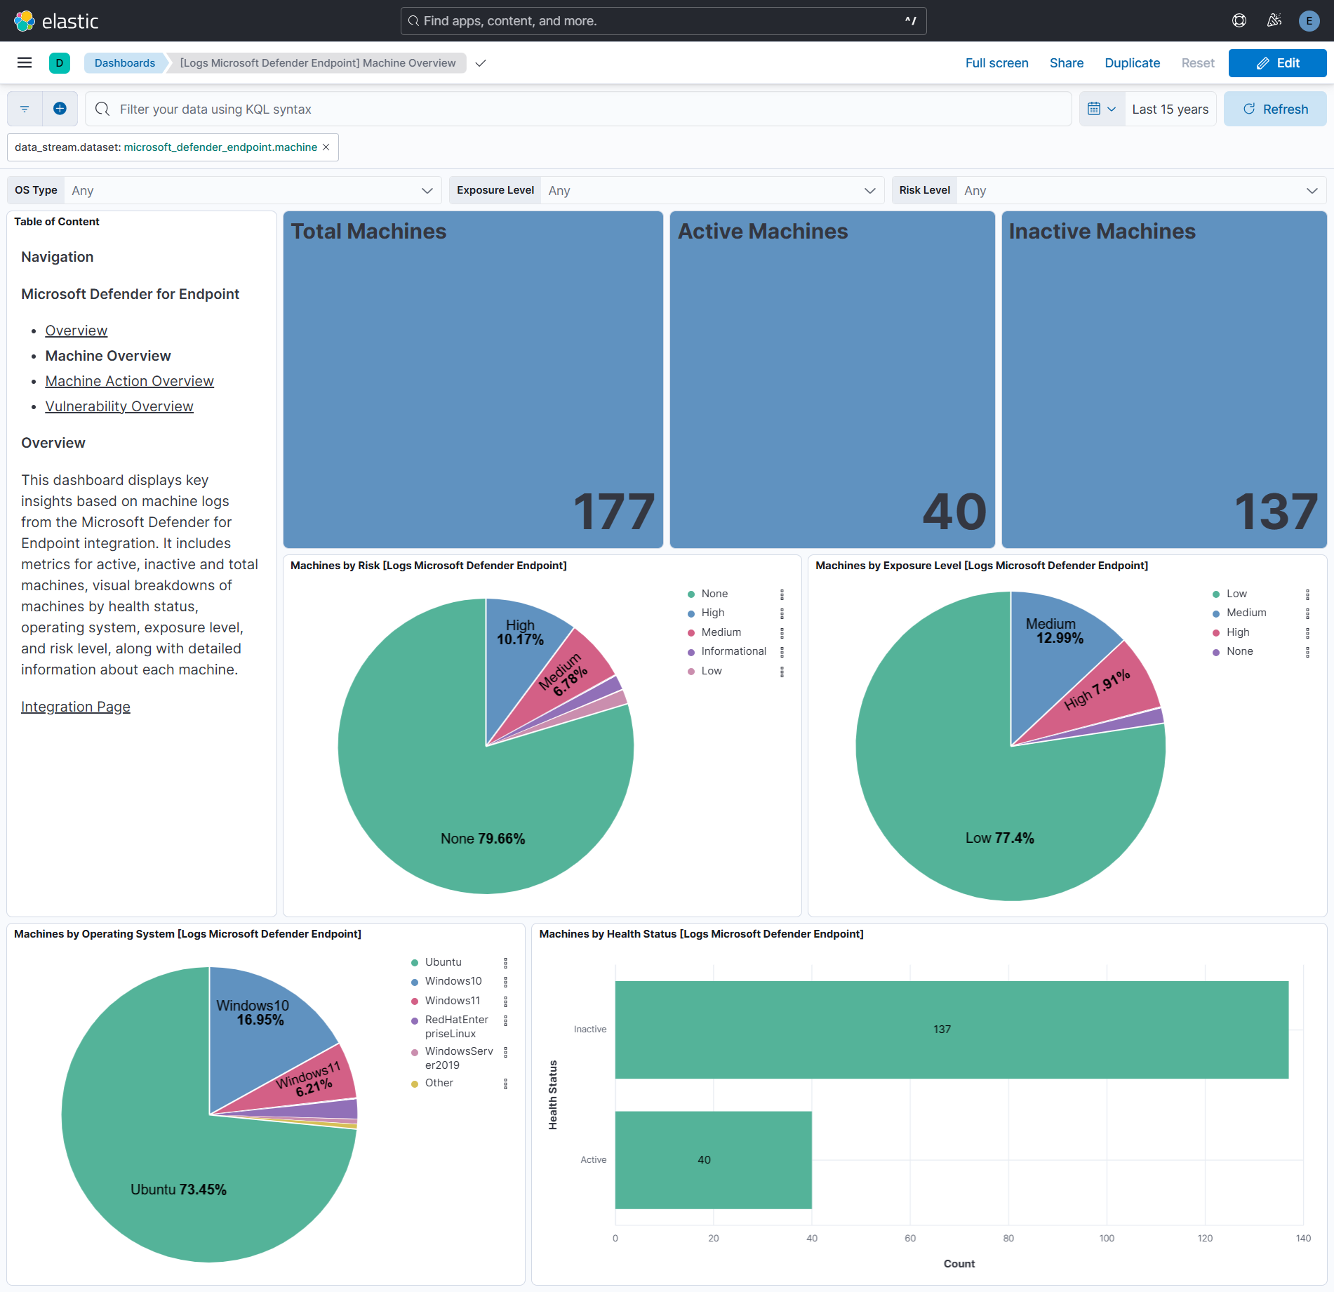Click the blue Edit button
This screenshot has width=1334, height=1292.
(1276, 63)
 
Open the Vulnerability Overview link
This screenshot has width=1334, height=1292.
(119, 406)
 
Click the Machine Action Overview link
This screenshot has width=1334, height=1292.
(129, 381)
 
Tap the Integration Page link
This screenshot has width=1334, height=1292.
(76, 707)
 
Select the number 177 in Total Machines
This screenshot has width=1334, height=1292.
(614, 512)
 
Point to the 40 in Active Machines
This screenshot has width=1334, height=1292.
(954, 512)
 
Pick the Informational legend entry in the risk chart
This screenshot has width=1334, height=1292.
(733, 651)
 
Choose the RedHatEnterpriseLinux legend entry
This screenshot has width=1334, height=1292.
(456, 1026)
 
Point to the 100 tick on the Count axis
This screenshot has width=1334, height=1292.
(1107, 1238)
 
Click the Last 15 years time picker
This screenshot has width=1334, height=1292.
(1170, 109)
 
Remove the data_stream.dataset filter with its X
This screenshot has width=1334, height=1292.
(326, 147)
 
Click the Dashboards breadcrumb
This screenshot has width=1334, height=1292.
(125, 63)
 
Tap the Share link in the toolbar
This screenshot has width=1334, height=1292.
(1066, 63)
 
